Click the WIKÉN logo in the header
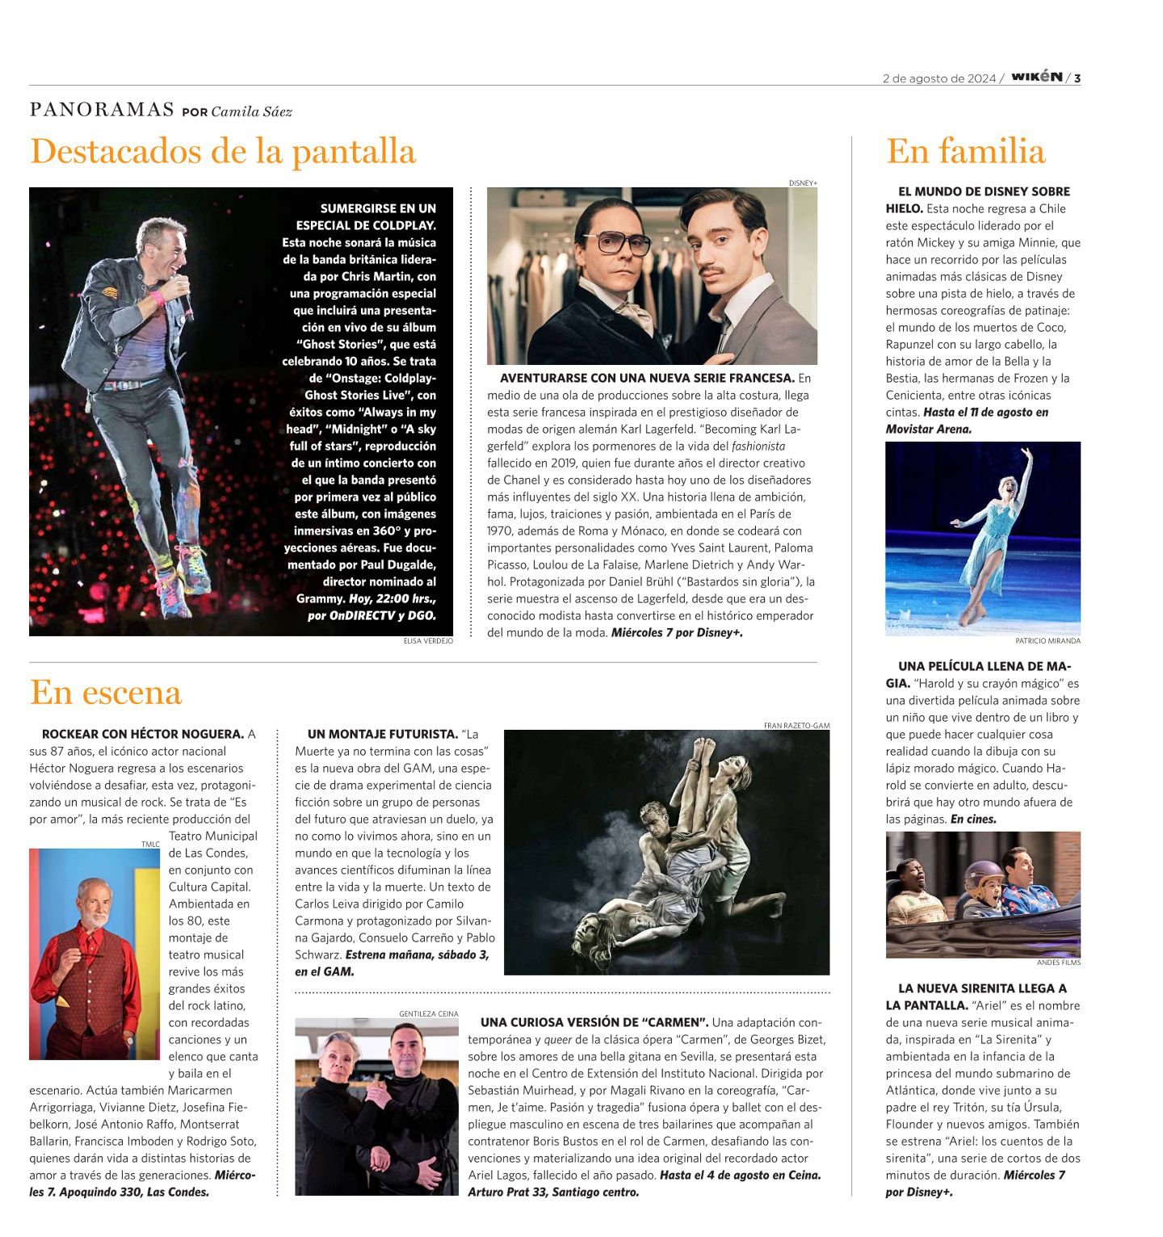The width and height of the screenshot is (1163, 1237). (1036, 78)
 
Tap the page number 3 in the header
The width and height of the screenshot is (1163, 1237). (1077, 78)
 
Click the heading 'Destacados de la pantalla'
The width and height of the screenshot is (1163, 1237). (223, 152)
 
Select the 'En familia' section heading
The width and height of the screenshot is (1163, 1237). (965, 152)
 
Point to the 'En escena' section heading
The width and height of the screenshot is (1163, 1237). (106, 693)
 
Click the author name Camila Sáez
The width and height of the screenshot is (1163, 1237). (251, 111)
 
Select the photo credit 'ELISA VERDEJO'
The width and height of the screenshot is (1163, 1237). (428, 641)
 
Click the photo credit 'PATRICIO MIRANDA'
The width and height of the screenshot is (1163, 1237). (1048, 641)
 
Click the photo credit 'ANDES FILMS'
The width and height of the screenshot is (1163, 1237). (1058, 962)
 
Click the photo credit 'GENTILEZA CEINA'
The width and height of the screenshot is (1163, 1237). (428, 1013)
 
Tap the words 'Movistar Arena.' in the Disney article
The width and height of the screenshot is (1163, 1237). (929, 429)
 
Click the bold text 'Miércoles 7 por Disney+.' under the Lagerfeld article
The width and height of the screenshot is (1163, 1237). (677, 633)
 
